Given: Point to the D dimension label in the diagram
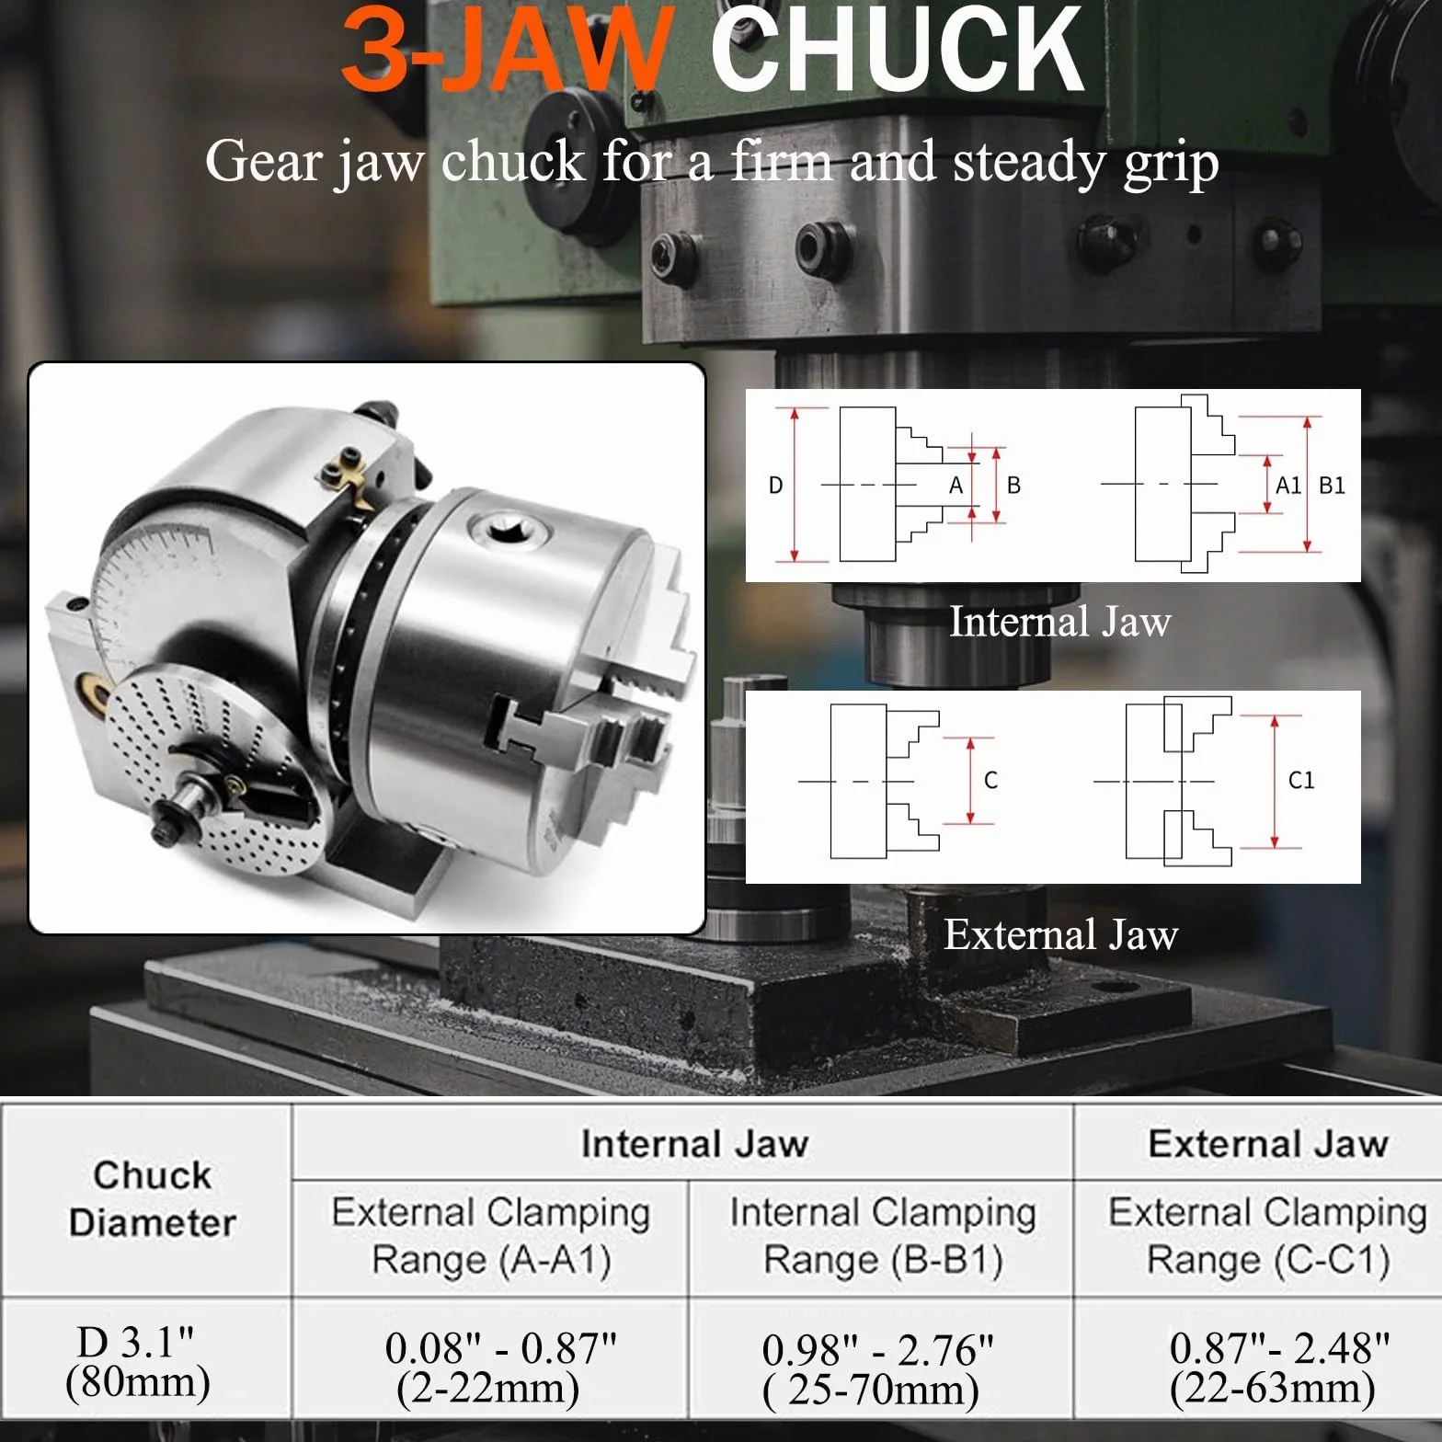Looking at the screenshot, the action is (775, 486).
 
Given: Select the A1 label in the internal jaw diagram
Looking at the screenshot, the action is (1287, 486).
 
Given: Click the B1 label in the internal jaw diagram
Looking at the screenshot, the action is (1332, 486).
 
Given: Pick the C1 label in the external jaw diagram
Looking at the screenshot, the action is (1301, 781).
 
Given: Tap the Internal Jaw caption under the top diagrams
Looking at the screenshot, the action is (1059, 622).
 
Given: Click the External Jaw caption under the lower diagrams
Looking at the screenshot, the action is (1060, 934).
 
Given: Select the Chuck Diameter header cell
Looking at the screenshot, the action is (153, 1198).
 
